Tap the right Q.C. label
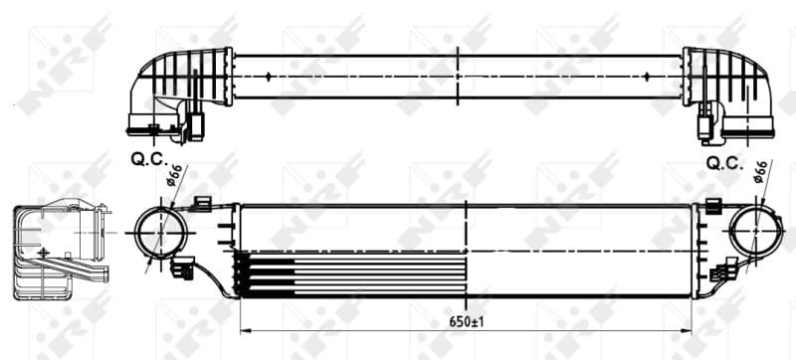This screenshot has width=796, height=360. tap(723, 162)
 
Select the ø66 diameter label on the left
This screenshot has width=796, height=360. tap(173, 176)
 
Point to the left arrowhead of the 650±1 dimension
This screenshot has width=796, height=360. tap(245, 330)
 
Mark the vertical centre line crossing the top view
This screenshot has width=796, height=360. tap(457, 75)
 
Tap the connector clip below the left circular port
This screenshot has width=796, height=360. tap(182, 267)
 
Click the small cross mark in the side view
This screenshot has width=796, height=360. tap(43, 253)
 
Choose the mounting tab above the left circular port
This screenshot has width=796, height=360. tap(202, 203)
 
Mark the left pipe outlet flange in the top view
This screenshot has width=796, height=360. tap(149, 125)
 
